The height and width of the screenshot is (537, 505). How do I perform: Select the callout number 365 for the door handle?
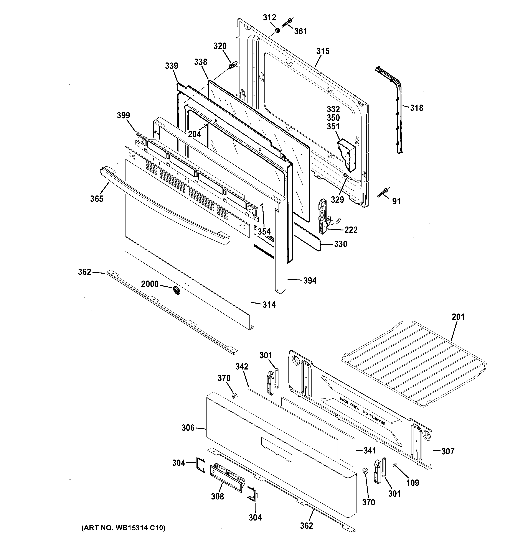[97, 199]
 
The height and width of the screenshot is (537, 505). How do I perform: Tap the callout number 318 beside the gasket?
[417, 108]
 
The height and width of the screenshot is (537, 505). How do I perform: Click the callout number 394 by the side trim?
[310, 281]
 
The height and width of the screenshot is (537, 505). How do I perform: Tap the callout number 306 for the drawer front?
[188, 428]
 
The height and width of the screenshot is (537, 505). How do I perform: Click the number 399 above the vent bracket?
[123, 115]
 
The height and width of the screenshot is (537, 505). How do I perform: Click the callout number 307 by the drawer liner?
[448, 451]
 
